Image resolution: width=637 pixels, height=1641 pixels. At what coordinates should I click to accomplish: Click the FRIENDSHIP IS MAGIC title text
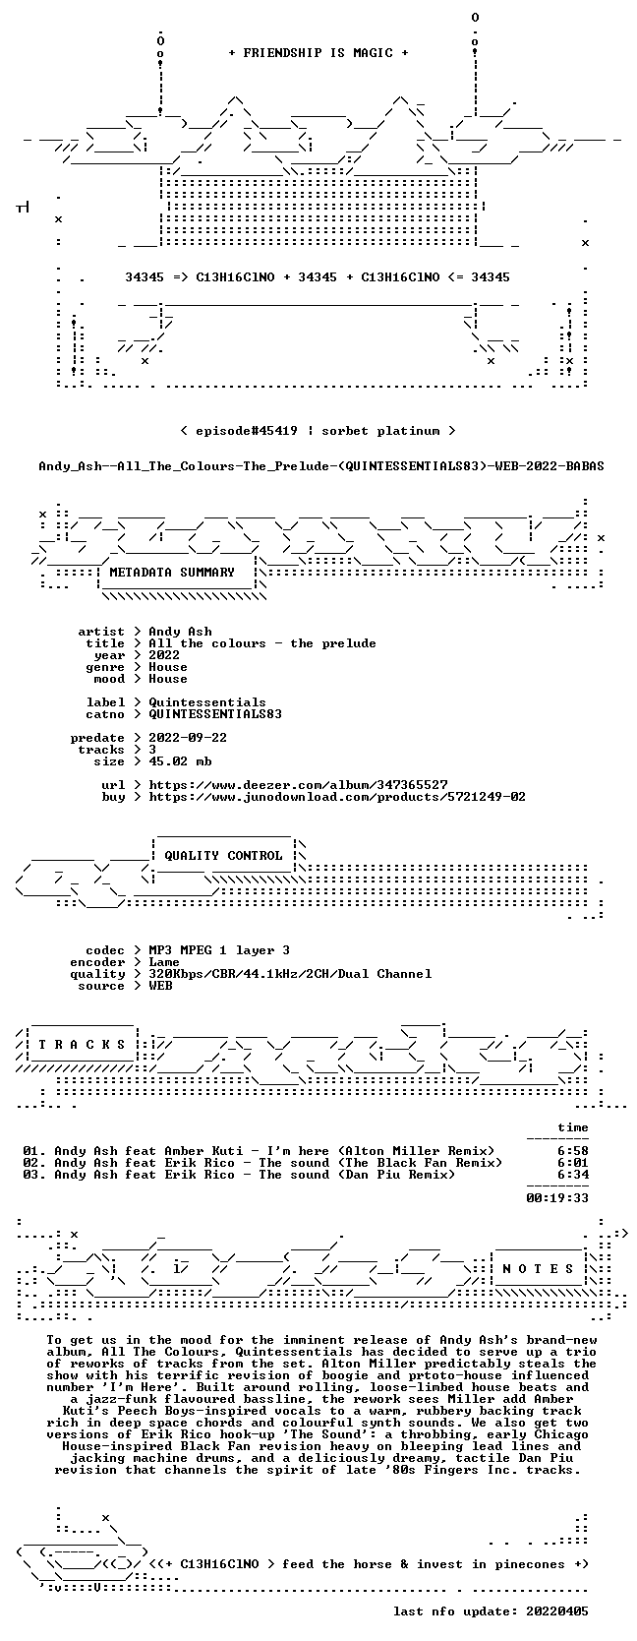pyautogui.click(x=318, y=53)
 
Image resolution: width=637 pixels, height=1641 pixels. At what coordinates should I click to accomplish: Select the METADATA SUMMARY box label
pyautogui.click(x=172, y=573)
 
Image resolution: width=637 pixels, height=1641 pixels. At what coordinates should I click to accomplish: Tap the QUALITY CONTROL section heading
pyautogui.click(x=223, y=856)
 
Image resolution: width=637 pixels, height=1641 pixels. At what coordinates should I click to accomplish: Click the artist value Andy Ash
pyautogui.click(x=180, y=632)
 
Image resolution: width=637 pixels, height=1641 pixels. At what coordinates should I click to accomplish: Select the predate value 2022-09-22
pyautogui.click(x=188, y=737)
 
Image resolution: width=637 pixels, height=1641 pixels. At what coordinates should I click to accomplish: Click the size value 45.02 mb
pyautogui.click(x=180, y=761)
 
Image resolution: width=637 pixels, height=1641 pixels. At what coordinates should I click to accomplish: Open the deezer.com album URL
pyautogui.click(x=298, y=785)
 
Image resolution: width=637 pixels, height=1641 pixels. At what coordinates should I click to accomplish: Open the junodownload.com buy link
pyautogui.click(x=337, y=796)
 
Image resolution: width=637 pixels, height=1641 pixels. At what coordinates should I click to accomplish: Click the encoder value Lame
pyautogui.click(x=164, y=962)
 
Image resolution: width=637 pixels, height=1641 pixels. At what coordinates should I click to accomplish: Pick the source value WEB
pyautogui.click(x=160, y=986)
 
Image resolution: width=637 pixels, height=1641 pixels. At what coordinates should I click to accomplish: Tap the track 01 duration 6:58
pyautogui.click(x=572, y=1151)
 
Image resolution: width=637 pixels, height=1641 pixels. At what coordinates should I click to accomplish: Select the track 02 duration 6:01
pyautogui.click(x=572, y=1163)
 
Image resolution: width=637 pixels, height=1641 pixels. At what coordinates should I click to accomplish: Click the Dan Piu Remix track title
pyautogui.click(x=255, y=1175)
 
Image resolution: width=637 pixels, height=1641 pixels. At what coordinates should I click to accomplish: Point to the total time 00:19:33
pyautogui.click(x=557, y=1197)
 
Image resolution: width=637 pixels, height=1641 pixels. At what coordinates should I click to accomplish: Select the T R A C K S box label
pyautogui.click(x=82, y=1045)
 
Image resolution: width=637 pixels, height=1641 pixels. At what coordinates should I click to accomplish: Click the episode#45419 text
pyautogui.click(x=247, y=431)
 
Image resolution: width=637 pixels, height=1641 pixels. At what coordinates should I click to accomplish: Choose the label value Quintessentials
pyautogui.click(x=207, y=701)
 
